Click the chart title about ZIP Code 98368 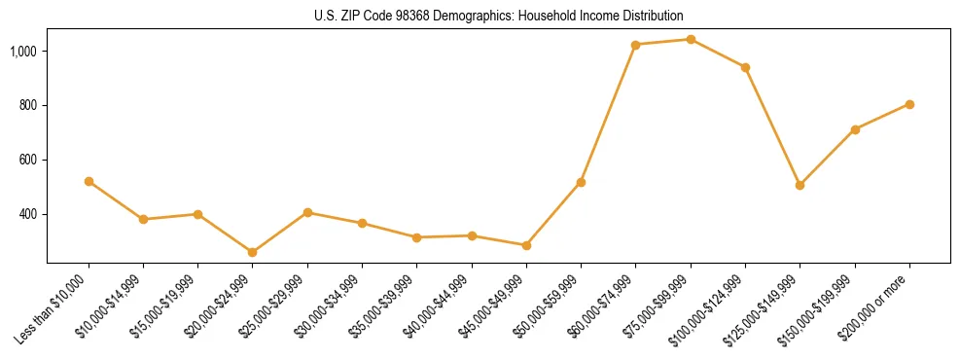pos(498,16)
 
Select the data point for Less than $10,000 pos(89,181)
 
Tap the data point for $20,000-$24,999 pos(253,252)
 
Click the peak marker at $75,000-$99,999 pos(691,39)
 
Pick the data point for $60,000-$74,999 pos(636,45)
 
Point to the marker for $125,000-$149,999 pos(800,185)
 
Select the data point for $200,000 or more pos(909,104)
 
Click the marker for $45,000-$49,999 pos(526,245)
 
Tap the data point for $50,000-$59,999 pos(581,182)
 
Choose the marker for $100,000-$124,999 pos(745,67)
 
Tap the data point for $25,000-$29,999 pos(307,212)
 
